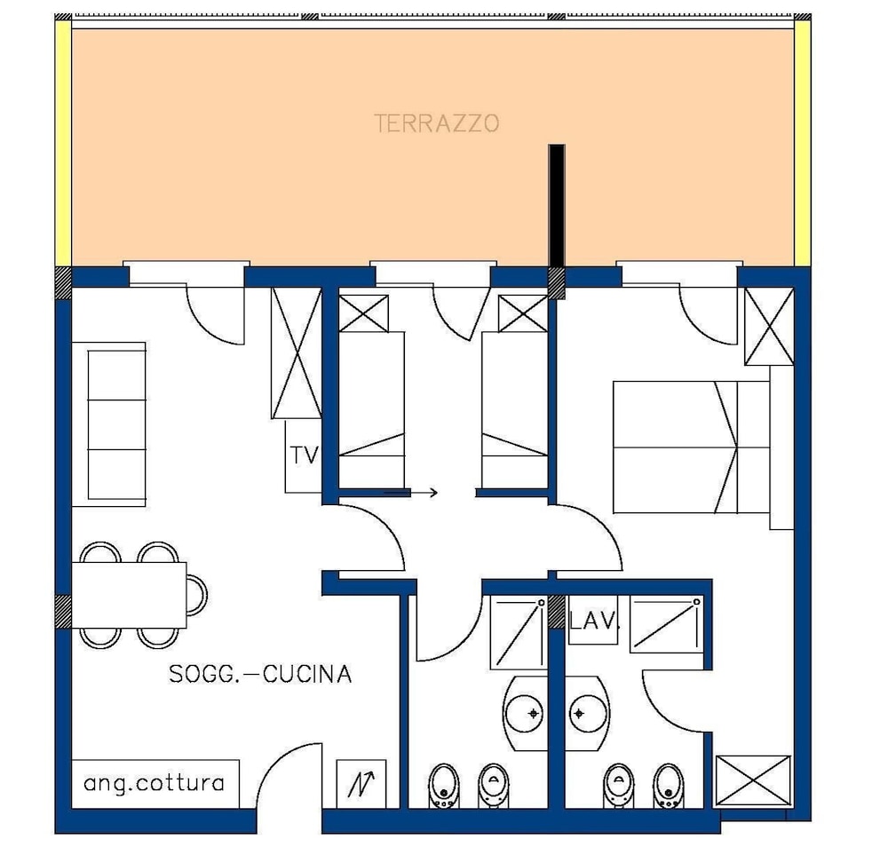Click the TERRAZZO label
[x=436, y=123]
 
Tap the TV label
[x=304, y=455]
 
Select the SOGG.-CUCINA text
[x=260, y=674]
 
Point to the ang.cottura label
[x=154, y=783]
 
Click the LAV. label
[x=593, y=621]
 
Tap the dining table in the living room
[x=130, y=594]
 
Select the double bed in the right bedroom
[x=690, y=447]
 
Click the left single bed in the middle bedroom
[x=372, y=408]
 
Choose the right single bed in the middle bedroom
[x=513, y=408]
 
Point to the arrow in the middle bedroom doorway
[x=411, y=491]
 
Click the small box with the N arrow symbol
[x=361, y=783]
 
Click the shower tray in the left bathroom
[x=517, y=631]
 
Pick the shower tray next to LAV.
[x=666, y=624]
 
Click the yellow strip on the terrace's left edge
[x=63, y=142]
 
